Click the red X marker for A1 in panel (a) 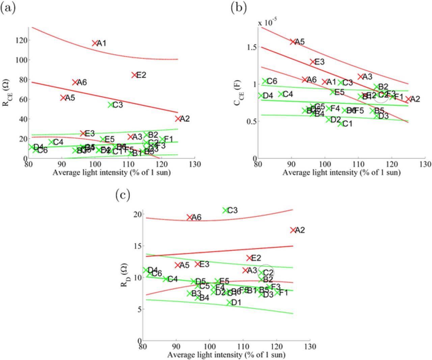94,43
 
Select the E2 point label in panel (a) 141,75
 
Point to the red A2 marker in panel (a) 178,119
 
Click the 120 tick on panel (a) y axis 21,40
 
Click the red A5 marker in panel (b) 293,42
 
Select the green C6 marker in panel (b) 265,81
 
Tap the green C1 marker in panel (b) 340,124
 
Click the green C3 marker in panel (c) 225,210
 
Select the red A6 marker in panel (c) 190,217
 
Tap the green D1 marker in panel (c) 230,302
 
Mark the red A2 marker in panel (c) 293,230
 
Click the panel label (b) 239,8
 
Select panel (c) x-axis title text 226,355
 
